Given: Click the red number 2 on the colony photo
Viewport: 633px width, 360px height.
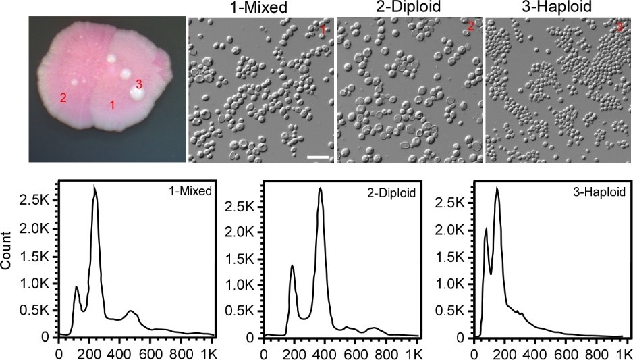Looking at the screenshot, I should [63, 97].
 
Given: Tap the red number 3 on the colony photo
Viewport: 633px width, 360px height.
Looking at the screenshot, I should [139, 84].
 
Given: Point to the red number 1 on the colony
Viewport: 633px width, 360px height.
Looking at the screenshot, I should [113, 105].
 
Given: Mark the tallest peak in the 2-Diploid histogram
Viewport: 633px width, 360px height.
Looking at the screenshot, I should [321, 188].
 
